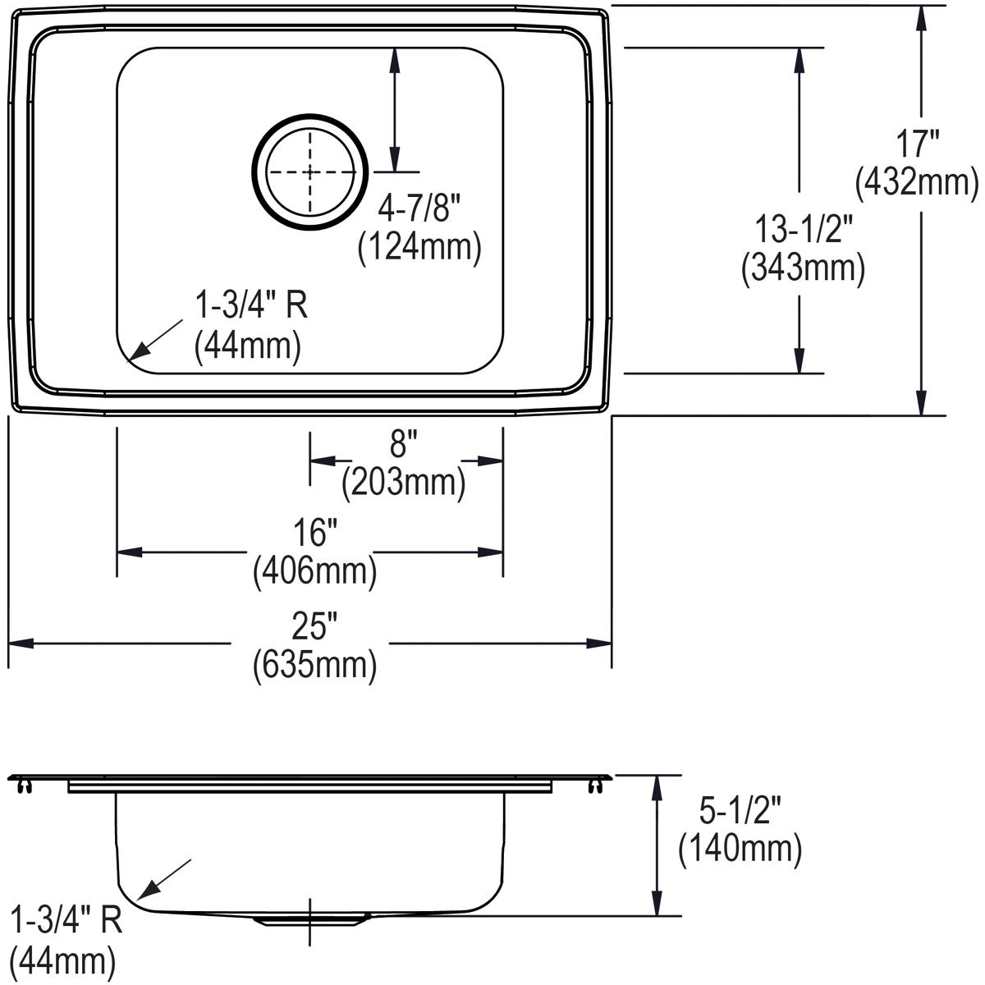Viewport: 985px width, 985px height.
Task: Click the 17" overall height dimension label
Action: [x=918, y=145]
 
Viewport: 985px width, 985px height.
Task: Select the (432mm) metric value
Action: [x=918, y=182]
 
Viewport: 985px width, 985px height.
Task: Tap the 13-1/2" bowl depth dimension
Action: [x=804, y=229]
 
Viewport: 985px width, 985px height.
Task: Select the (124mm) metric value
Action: [x=419, y=247]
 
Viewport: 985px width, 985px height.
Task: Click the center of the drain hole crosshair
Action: [x=309, y=172]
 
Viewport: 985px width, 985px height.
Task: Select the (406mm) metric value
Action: [x=315, y=570]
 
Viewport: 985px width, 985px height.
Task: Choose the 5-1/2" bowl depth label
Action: [x=739, y=812]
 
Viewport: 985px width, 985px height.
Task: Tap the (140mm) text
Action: [x=740, y=849]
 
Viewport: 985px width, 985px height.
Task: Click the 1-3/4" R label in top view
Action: [x=250, y=307]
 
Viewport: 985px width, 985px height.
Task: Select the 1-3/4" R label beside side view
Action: [x=66, y=919]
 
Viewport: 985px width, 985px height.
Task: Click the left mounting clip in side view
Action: [x=24, y=786]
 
